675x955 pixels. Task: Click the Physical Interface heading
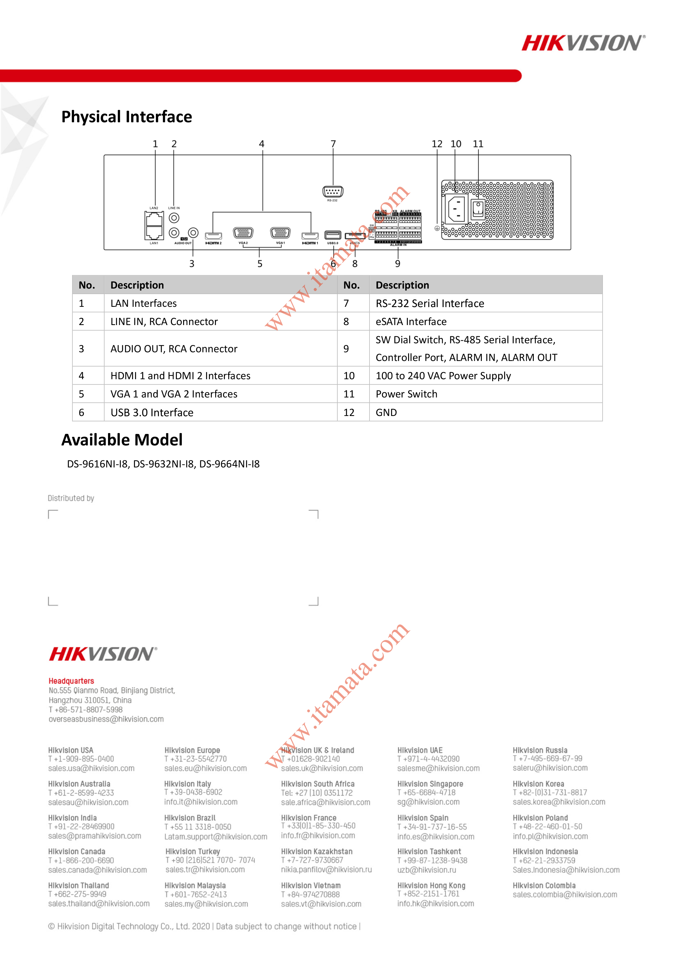[x=127, y=117]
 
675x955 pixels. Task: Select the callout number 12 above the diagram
[x=437, y=144]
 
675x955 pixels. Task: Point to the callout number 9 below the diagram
[x=398, y=264]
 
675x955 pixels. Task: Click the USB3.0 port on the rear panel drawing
[x=332, y=235]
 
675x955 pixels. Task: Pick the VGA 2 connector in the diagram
[x=243, y=233]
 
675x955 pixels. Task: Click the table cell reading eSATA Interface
[x=411, y=322]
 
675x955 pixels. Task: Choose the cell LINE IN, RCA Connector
[x=164, y=322]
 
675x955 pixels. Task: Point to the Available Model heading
[x=122, y=440]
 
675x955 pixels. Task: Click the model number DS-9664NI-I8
[x=229, y=464]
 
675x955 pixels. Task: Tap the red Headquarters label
[x=71, y=681]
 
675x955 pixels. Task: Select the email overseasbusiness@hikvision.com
[x=106, y=719]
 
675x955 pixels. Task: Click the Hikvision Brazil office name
[x=190, y=818]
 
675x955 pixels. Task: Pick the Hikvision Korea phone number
[x=550, y=792]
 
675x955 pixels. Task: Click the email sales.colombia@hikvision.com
[x=565, y=894]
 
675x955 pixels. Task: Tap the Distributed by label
[x=71, y=498]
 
